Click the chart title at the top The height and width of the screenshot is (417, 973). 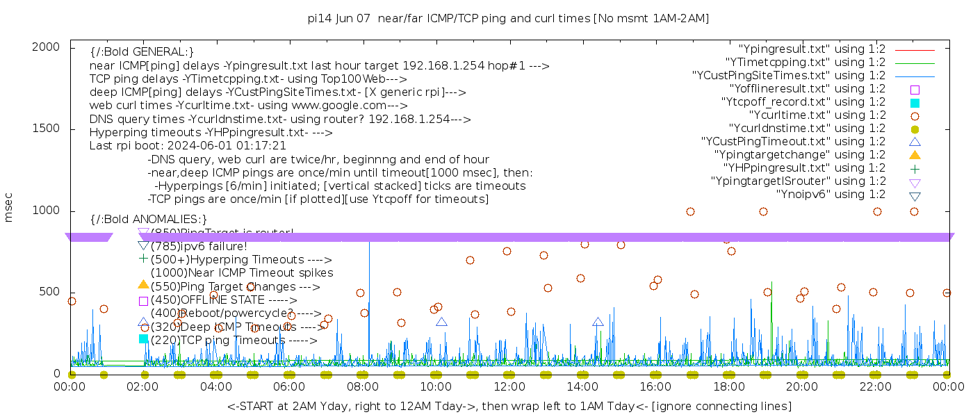[x=508, y=19]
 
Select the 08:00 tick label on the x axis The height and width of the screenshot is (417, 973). [x=363, y=386]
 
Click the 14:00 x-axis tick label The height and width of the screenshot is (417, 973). [x=582, y=386]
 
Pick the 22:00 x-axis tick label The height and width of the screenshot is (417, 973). [x=875, y=386]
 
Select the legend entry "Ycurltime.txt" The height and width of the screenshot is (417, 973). [x=817, y=115]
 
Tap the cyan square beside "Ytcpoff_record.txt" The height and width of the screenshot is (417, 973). [x=915, y=103]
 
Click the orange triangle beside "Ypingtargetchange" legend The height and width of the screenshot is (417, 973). [x=915, y=155]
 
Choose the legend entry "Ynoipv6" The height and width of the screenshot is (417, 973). [x=831, y=195]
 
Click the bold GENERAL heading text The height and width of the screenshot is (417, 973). [x=142, y=52]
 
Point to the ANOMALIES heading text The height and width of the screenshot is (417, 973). [x=149, y=220]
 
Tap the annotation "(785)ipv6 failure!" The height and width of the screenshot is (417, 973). [x=199, y=246]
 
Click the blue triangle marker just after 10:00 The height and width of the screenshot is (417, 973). [x=441, y=322]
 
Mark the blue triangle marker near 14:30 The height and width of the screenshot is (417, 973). [x=598, y=322]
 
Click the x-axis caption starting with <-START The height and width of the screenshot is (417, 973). [x=509, y=406]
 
